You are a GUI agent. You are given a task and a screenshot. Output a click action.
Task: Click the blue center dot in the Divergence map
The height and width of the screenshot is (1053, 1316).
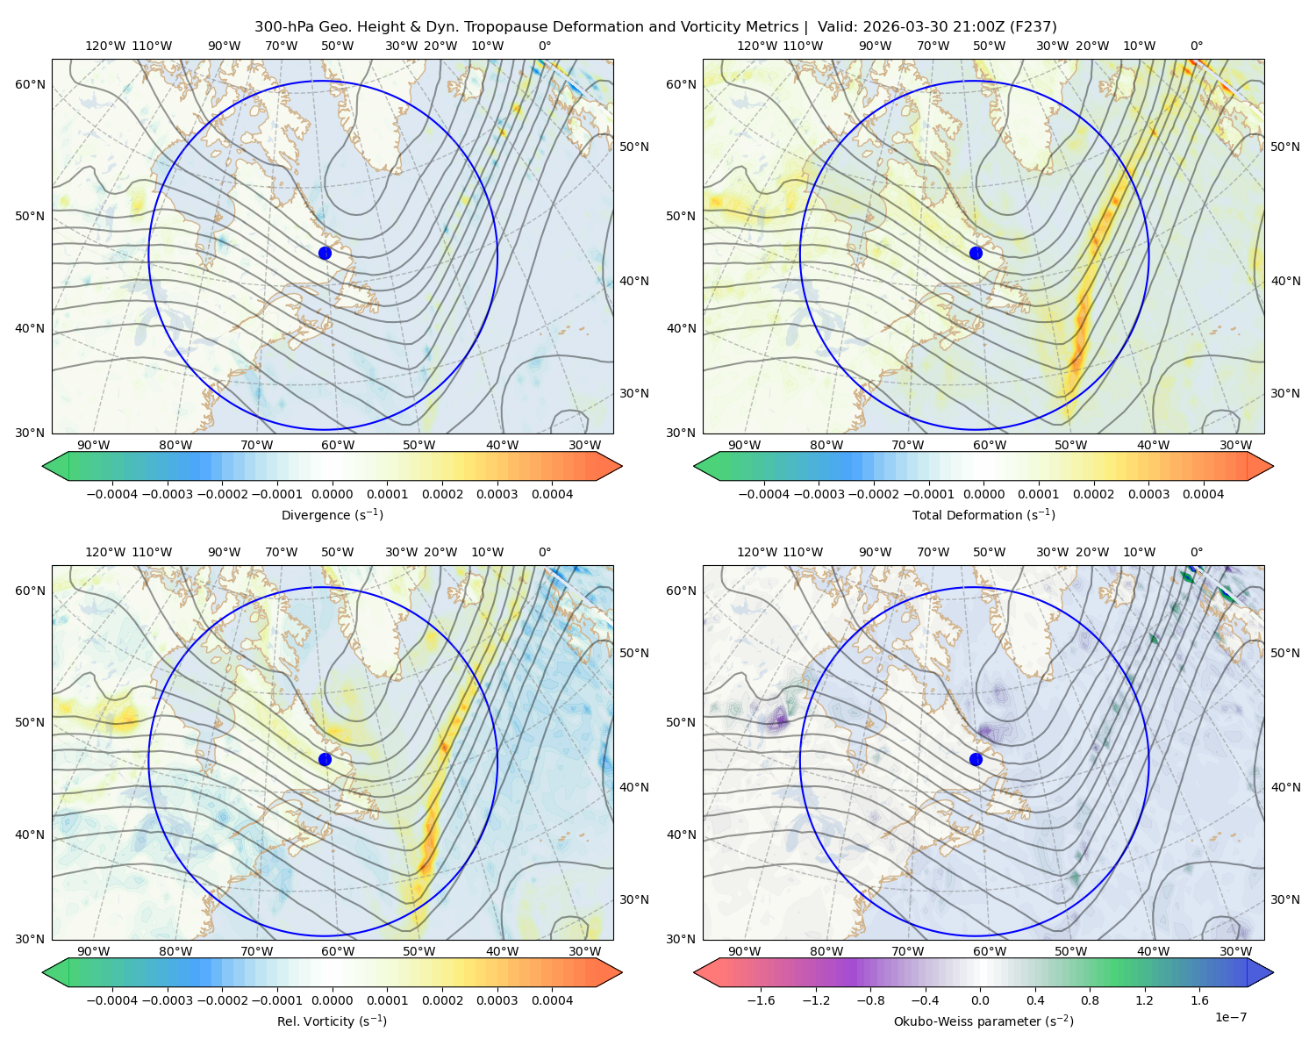click(325, 253)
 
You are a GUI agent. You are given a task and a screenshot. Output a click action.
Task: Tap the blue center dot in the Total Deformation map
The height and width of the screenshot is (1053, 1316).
click(976, 253)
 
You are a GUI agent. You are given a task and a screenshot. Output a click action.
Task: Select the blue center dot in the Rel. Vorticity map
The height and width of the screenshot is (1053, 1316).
click(325, 759)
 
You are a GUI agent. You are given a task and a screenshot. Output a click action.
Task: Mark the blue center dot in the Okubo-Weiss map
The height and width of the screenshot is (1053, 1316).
click(976, 759)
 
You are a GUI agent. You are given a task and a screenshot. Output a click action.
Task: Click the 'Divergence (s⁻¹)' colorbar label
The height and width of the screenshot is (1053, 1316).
click(332, 514)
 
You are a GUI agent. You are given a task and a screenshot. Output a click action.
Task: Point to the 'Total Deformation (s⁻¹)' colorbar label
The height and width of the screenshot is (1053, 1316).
click(983, 514)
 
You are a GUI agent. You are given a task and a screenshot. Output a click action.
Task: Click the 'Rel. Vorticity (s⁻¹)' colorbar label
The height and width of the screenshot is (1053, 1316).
click(332, 1021)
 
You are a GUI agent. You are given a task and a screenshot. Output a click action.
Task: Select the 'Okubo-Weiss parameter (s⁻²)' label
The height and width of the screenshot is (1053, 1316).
click(983, 1021)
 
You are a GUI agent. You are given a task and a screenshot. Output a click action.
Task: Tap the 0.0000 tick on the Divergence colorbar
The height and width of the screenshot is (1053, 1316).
click(332, 494)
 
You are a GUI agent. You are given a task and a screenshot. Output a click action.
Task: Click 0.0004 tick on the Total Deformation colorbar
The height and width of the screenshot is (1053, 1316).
click(1203, 494)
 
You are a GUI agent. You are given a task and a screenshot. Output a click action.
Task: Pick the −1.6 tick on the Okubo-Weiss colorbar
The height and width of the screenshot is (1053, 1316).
click(761, 1000)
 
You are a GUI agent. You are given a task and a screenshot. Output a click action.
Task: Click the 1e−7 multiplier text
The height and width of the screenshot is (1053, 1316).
click(1230, 1017)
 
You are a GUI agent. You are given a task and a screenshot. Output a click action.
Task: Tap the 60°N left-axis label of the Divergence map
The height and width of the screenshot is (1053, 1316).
click(30, 84)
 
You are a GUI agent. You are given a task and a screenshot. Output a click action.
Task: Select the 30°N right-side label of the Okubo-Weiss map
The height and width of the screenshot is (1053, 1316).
click(1284, 899)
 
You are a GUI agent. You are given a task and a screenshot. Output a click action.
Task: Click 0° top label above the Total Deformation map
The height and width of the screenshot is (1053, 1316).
click(1197, 46)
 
